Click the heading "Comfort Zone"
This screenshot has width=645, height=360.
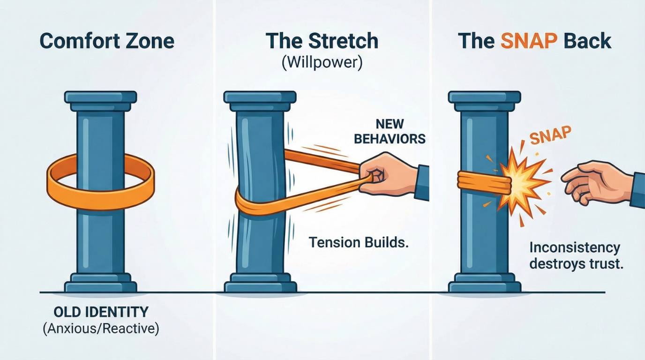coord(107,41)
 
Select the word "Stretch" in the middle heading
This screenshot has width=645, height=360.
coord(343,41)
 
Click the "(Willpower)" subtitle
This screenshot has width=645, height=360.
coord(322,62)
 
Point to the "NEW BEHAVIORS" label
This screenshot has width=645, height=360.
coord(390,132)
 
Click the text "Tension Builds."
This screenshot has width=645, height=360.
coord(359,242)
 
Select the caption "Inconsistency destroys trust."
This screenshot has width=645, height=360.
coord(576,256)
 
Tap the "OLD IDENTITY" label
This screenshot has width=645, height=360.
coord(101,312)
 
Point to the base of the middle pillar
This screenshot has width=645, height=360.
coord(260,283)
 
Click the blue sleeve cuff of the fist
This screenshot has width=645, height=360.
coord(422,183)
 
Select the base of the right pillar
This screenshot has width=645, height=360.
coord(485,283)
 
